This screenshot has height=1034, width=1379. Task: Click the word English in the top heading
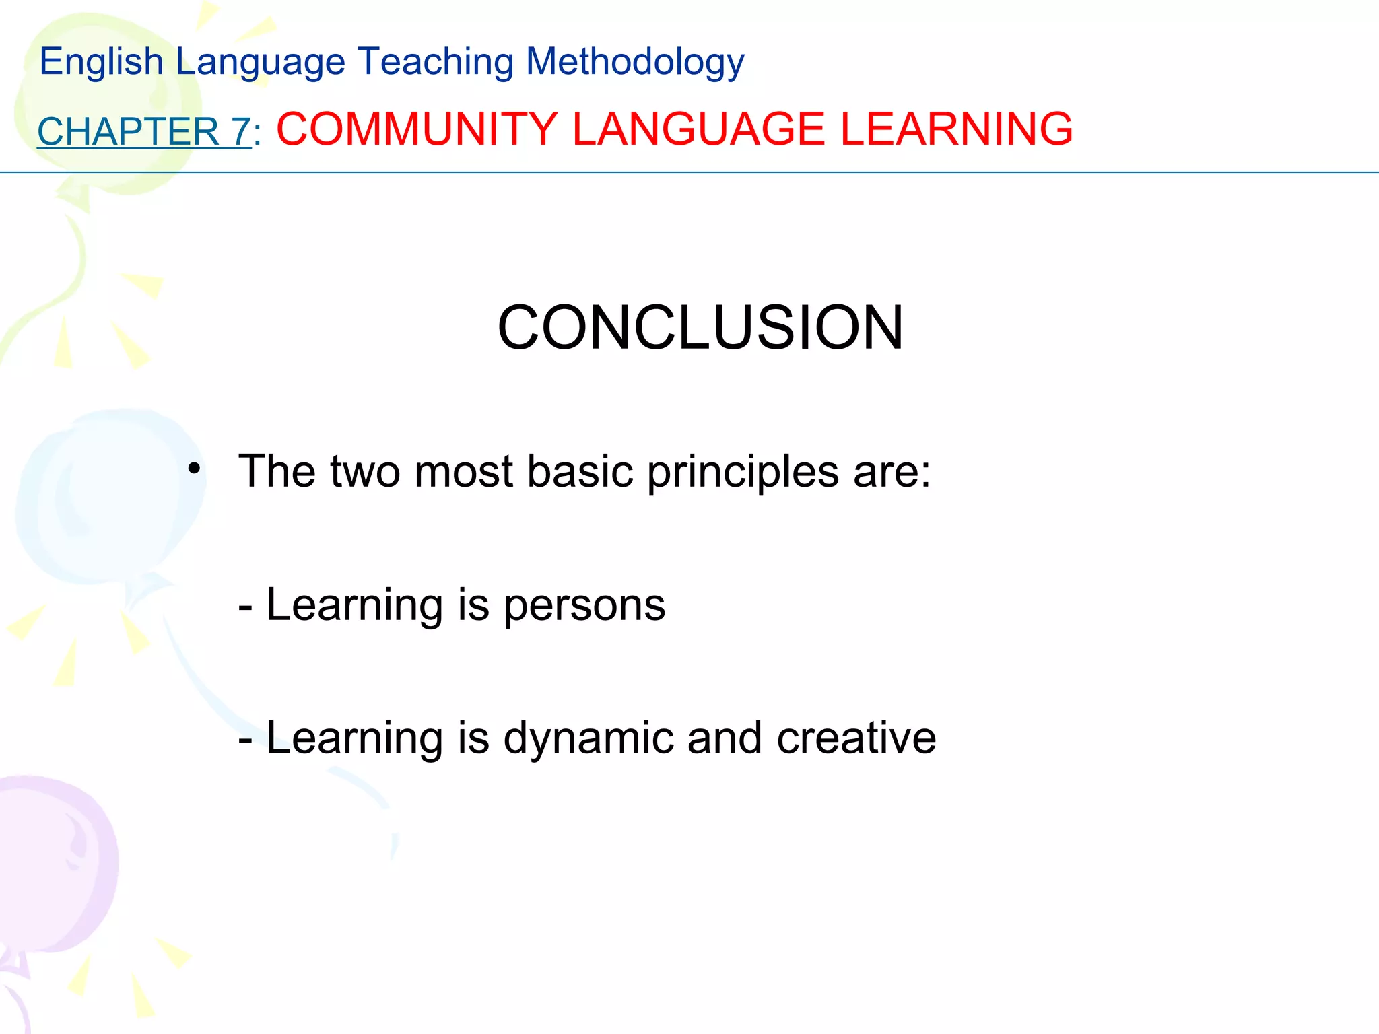(101, 62)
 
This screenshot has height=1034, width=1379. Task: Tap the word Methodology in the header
(635, 62)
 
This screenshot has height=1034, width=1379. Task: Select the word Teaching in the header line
(435, 62)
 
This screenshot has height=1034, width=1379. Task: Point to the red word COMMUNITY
(417, 129)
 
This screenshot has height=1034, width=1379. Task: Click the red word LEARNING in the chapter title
(956, 129)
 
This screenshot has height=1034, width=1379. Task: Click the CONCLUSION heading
(700, 328)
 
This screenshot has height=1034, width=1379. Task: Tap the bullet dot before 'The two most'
(194, 469)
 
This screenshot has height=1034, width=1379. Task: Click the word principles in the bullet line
(743, 471)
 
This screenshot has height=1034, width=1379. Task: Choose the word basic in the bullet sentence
(580, 471)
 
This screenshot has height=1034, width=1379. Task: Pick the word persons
(584, 605)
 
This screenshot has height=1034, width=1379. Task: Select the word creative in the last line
(856, 738)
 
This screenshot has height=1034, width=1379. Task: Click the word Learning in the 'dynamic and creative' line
(354, 738)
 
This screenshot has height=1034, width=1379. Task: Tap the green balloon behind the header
(94, 101)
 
